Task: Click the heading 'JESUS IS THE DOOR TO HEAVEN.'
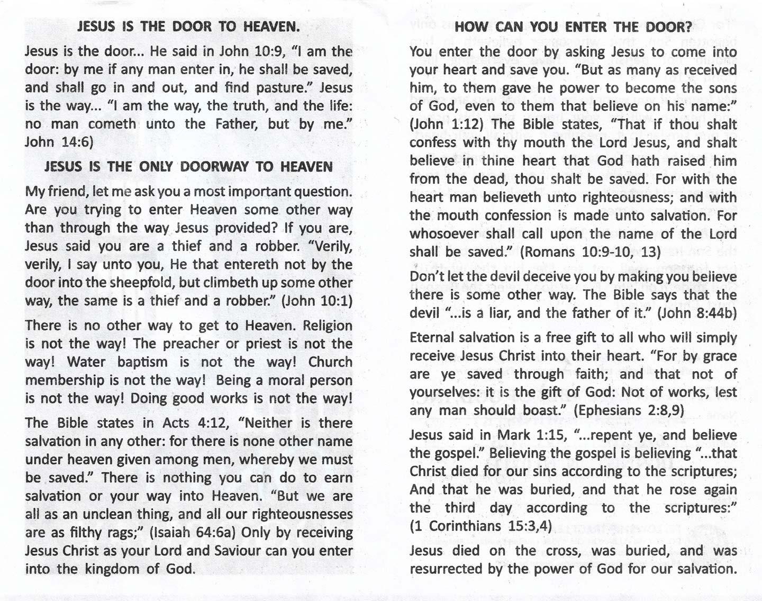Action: pos(189,26)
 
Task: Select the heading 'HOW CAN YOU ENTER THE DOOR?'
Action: pos(573,27)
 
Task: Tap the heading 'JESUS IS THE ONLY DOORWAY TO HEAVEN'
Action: pos(188,167)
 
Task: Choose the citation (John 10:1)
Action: pos(316,301)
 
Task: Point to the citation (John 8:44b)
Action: pos(697,313)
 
